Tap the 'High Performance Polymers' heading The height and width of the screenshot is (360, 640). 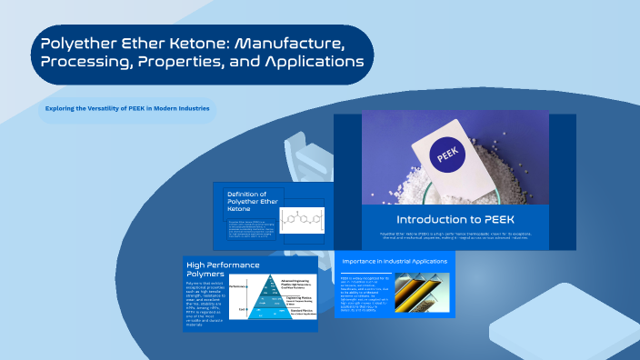217,269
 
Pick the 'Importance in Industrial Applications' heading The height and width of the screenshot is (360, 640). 394,262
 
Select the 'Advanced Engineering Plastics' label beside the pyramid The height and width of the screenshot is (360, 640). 296,282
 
